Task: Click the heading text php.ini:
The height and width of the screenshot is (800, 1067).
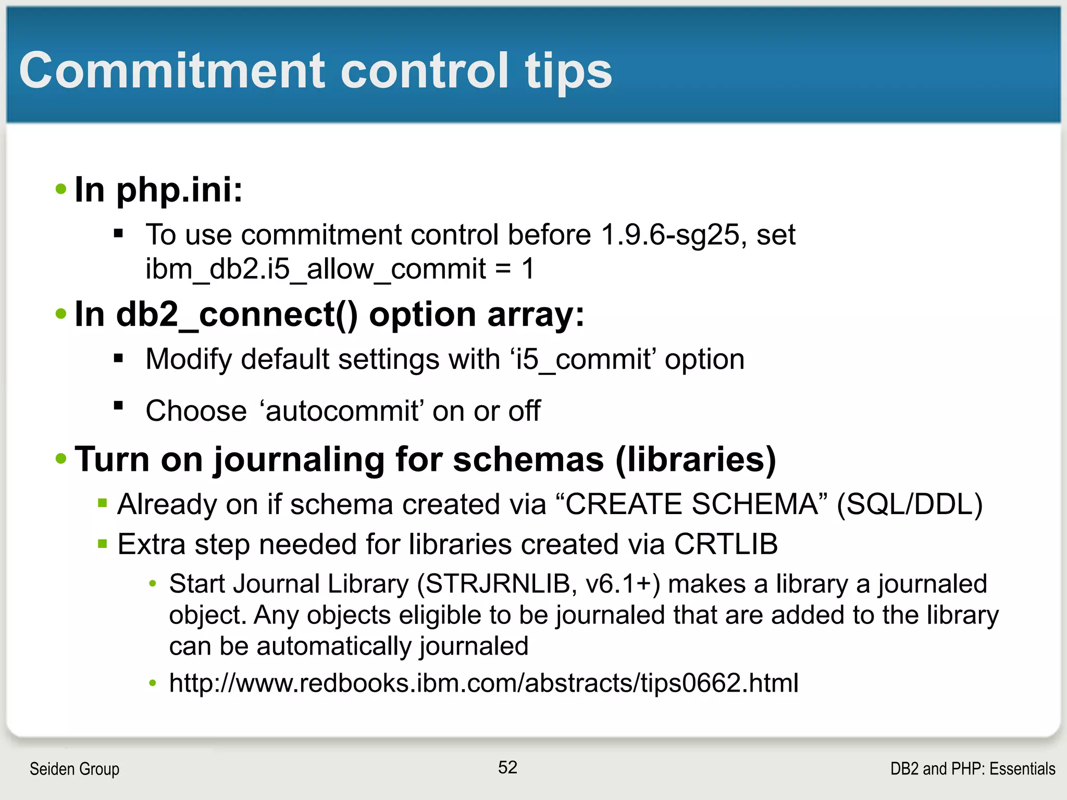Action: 179,190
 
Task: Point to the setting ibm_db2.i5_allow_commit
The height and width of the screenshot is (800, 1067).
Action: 315,270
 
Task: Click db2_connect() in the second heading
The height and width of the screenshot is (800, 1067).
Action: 237,315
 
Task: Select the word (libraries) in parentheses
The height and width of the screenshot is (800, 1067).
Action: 696,460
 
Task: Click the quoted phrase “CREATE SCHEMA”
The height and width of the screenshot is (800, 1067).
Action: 691,504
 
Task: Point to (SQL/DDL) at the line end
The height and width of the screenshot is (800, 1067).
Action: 910,504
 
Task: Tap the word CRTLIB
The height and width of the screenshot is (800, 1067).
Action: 726,544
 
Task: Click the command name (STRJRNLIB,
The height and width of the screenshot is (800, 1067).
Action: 497,584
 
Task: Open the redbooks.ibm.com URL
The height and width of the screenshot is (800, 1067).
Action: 483,683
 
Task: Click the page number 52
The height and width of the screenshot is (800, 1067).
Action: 507,767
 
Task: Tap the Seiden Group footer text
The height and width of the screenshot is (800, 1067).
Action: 75,769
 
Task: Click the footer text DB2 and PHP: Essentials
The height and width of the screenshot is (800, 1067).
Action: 972,769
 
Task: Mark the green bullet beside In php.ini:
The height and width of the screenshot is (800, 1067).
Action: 61,189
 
